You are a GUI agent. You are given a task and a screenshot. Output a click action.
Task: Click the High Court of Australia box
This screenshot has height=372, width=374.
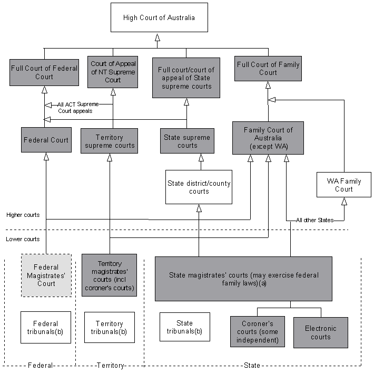[x=159, y=18]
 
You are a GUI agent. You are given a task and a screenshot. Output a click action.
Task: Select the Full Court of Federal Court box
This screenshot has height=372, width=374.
[x=44, y=72]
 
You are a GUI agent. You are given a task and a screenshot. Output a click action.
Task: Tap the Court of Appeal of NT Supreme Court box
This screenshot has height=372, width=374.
[x=113, y=72]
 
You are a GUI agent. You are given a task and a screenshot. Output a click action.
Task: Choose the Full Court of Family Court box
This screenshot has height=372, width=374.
[x=268, y=69]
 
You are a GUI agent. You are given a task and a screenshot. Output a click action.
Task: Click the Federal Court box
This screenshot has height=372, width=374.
[x=46, y=140]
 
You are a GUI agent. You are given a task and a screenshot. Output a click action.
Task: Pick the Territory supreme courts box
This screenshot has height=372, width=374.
[x=110, y=141]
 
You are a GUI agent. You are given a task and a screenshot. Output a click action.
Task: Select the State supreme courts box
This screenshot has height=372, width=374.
[x=186, y=141]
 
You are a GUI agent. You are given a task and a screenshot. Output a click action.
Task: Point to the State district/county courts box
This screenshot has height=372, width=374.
[x=199, y=187]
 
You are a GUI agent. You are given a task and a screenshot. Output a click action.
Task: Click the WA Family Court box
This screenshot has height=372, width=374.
[x=343, y=185]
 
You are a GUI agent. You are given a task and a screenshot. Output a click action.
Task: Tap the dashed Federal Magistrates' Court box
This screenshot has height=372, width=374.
[x=46, y=275]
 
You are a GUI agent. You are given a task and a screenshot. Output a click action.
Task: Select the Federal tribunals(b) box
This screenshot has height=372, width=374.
[x=45, y=327]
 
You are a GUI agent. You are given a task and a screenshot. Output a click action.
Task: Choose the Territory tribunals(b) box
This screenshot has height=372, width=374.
[x=109, y=327]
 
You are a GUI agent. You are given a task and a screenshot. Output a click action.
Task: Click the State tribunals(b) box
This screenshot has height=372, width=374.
[x=184, y=327]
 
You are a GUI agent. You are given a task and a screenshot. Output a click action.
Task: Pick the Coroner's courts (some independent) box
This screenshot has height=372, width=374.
[x=257, y=331]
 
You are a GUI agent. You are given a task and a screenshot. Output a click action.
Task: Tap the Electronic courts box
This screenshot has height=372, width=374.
[x=320, y=332]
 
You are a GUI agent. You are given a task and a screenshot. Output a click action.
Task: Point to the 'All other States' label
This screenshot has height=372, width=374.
[x=314, y=220]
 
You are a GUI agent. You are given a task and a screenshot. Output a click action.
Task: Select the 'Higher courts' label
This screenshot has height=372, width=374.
[x=23, y=215]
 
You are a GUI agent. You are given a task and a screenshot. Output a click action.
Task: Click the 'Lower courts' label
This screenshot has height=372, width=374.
[x=23, y=239]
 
